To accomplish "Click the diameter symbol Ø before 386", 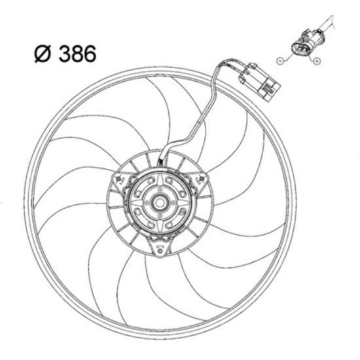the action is [43, 54].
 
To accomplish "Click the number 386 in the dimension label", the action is [77, 54].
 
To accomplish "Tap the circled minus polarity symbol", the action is [279, 61].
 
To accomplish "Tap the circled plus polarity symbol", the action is [317, 61].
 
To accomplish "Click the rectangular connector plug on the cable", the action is [259, 82].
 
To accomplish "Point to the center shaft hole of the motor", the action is [160, 202].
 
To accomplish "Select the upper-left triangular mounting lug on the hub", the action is [119, 182].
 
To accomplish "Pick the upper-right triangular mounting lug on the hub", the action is [200, 181].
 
